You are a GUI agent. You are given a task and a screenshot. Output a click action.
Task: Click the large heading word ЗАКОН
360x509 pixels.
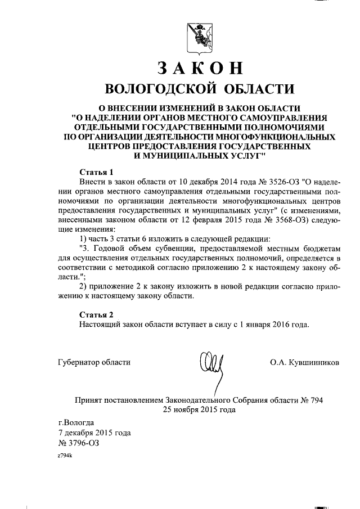pyautogui.click(x=200, y=68)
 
